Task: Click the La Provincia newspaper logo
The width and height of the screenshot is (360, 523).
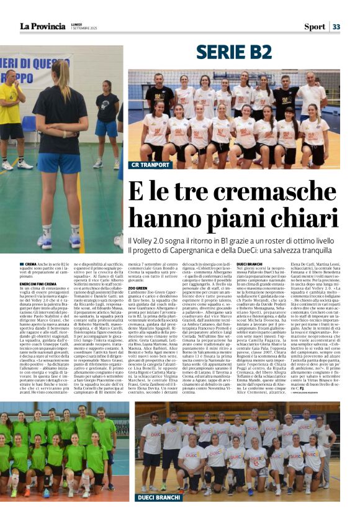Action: point(43,26)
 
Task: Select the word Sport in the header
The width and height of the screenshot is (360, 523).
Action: point(314,27)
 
